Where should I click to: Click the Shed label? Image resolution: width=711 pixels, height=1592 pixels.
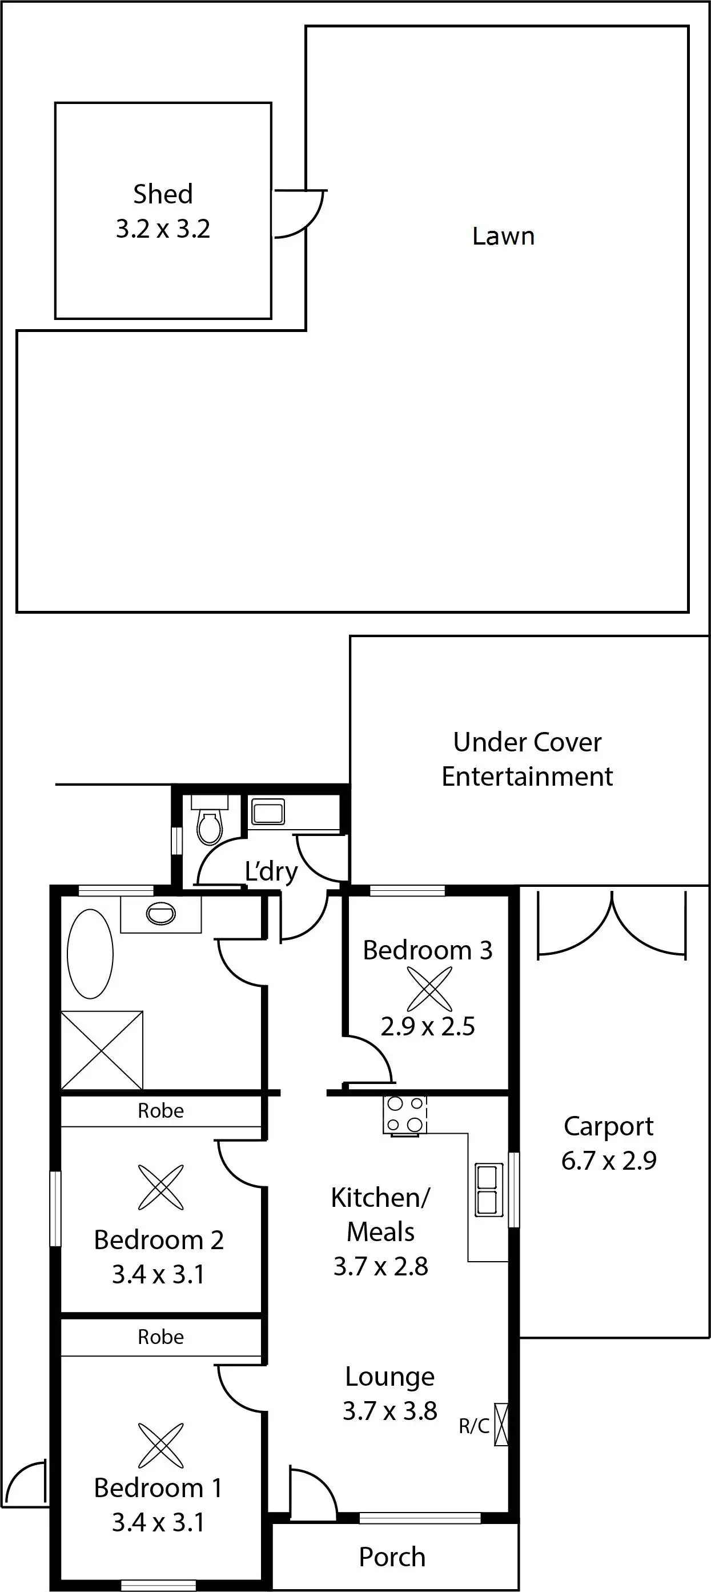click(163, 194)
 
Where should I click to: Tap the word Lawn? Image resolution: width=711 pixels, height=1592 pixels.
click(504, 236)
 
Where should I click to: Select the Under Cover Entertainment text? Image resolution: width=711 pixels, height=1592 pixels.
click(528, 759)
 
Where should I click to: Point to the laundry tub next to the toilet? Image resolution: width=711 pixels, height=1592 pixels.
click(268, 811)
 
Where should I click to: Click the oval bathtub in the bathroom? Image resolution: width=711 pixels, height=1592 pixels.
click(90, 954)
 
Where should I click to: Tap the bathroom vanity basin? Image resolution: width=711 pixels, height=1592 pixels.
click(160, 913)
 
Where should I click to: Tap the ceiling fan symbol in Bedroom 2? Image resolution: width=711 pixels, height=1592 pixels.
click(161, 1187)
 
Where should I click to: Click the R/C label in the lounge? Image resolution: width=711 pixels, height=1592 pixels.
click(474, 1426)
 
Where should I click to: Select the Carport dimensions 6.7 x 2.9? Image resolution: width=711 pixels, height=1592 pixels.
click(608, 1161)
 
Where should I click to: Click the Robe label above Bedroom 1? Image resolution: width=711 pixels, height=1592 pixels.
click(160, 1337)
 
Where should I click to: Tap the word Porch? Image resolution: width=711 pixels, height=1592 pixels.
click(392, 1557)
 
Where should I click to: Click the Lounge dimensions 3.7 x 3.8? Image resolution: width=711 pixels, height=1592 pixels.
click(390, 1411)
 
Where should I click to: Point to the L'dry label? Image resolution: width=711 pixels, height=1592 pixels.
click(271, 871)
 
